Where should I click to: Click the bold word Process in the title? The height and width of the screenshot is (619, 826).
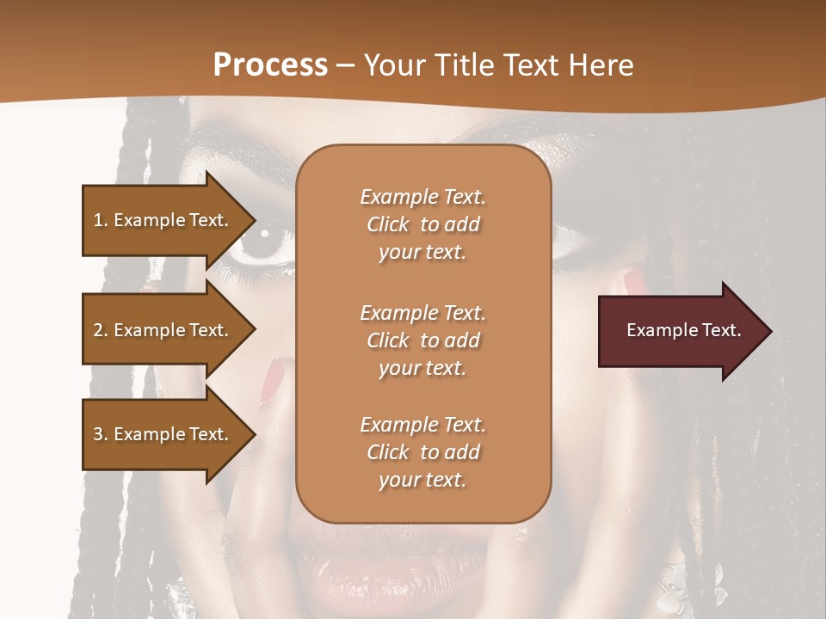(270, 64)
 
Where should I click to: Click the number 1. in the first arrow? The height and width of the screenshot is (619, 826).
(101, 220)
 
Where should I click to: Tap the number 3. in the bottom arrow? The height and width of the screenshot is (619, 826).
(101, 434)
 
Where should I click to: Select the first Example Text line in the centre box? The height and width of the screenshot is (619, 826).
(422, 197)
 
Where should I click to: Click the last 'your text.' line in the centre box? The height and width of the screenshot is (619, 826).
(422, 481)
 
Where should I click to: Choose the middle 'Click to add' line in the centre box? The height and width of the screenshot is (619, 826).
(422, 340)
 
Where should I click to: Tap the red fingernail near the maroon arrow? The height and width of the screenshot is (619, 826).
(634, 279)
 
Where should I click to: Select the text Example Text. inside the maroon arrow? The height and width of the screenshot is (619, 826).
(683, 330)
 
